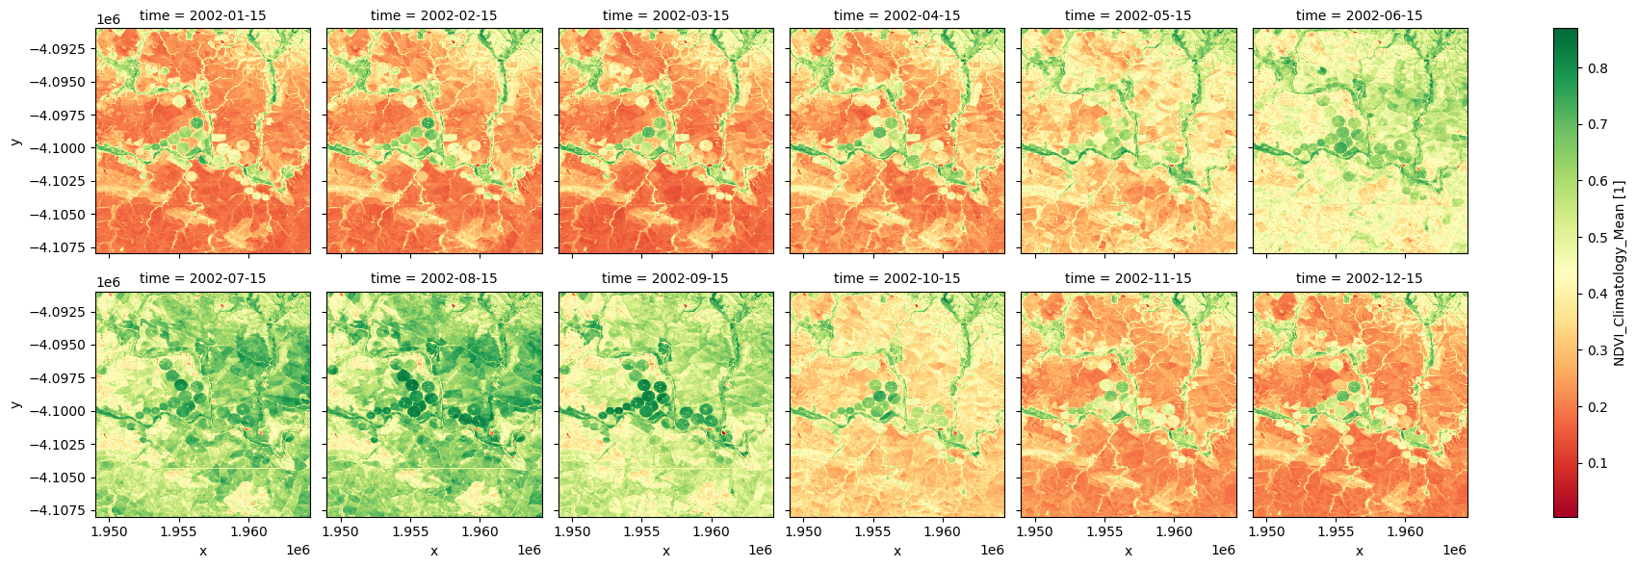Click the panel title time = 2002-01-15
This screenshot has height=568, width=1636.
pyautogui.click(x=203, y=15)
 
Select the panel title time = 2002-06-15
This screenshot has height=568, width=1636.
pyautogui.click(x=1359, y=15)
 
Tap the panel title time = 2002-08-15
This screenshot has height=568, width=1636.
pyautogui.click(x=434, y=278)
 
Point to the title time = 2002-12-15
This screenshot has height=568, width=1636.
pyautogui.click(x=1359, y=278)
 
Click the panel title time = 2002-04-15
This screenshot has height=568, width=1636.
pyautogui.click(x=896, y=15)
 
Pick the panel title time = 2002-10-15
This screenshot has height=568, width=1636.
pyautogui.click(x=896, y=278)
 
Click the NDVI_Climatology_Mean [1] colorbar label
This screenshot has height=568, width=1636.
pyautogui.click(x=1620, y=272)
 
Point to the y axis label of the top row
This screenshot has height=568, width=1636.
pyautogui.click(x=15, y=142)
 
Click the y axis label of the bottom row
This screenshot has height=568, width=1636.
pyautogui.click(x=15, y=404)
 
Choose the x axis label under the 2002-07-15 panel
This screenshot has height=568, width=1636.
pyautogui.click(x=203, y=551)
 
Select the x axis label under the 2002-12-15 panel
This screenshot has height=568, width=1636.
pyautogui.click(x=1359, y=551)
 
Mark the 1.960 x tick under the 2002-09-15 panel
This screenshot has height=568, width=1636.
pyautogui.click(x=711, y=530)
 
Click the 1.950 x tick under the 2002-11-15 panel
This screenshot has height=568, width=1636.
pyautogui.click(x=1035, y=530)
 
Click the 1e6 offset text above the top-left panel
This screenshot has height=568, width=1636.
pyautogui.click(x=107, y=19)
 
